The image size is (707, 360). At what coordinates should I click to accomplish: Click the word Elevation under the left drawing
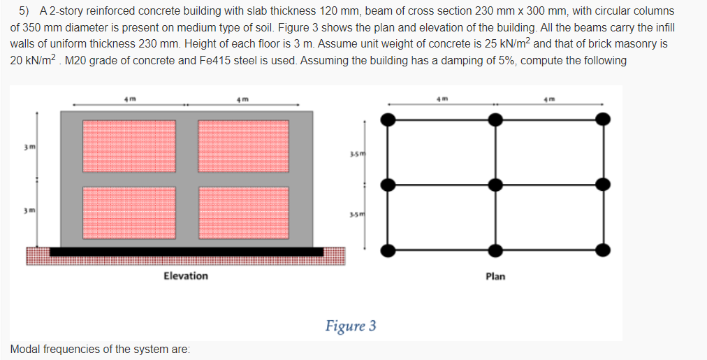click(185, 276)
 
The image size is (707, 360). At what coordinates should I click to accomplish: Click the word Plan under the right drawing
click(495, 277)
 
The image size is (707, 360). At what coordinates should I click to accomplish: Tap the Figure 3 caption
click(351, 326)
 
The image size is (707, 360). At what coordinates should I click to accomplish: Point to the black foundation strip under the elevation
click(186, 251)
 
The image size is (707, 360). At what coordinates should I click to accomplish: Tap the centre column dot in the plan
click(495, 185)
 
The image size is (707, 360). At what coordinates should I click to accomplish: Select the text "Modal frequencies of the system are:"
click(100, 349)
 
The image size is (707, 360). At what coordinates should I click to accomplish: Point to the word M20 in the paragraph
click(75, 60)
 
